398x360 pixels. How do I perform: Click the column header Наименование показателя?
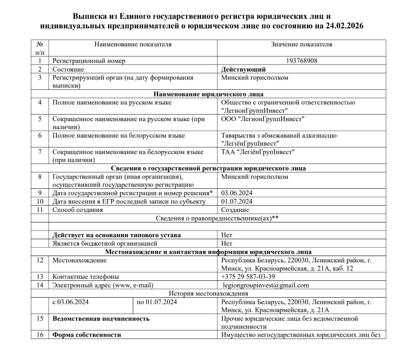coord(133,44)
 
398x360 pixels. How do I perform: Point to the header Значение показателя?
coord(302,44)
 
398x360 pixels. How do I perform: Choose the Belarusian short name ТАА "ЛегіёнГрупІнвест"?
coord(258,152)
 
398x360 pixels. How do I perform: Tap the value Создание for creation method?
coord(235,210)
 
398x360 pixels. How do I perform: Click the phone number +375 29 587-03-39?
coord(248,276)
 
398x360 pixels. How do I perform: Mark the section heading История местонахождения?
coord(208,294)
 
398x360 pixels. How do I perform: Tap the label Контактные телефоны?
coord(86,276)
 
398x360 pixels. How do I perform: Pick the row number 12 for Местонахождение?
coord(40,260)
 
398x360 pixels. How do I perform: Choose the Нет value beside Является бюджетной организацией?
coord(227,243)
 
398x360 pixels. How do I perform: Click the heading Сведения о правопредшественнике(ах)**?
coord(217,218)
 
